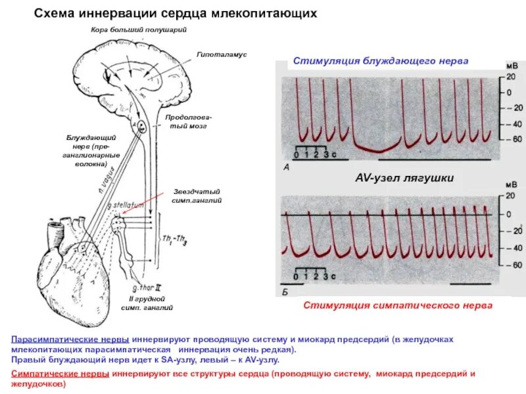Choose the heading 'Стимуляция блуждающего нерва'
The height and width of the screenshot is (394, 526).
click(381, 60)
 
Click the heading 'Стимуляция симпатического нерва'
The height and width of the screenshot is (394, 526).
click(397, 306)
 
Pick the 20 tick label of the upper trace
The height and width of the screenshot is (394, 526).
click(510, 77)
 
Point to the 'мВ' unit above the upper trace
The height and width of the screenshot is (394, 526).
click(511, 66)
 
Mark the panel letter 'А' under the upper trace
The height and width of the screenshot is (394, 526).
click(286, 168)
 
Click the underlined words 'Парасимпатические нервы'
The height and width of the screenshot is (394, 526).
click(69, 339)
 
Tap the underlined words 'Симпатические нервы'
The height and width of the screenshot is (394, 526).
click(60, 373)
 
